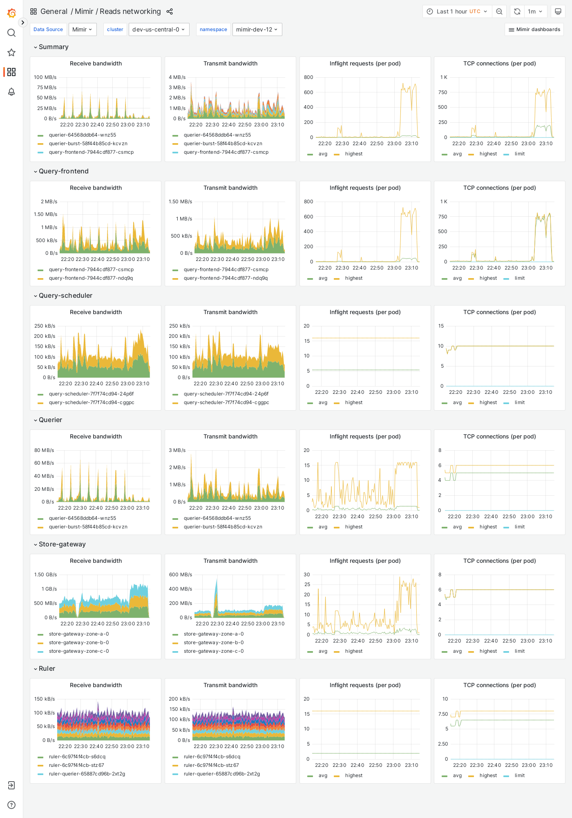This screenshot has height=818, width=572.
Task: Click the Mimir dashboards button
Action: (x=534, y=29)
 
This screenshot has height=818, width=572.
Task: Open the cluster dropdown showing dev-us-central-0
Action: (x=159, y=29)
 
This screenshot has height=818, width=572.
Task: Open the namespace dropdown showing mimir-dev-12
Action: (x=257, y=29)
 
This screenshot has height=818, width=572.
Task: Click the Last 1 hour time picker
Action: (x=457, y=11)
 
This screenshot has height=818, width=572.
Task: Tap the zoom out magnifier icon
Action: (x=499, y=11)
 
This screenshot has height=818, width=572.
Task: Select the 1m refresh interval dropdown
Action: (x=535, y=11)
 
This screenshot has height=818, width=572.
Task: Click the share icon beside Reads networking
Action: (x=170, y=11)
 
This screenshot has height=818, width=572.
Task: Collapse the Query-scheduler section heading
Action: (x=65, y=295)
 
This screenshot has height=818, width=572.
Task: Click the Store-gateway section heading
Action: (x=62, y=544)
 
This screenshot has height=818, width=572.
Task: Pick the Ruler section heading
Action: (x=47, y=668)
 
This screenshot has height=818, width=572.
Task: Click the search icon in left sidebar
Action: (x=11, y=33)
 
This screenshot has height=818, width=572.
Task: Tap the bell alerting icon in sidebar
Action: (x=11, y=92)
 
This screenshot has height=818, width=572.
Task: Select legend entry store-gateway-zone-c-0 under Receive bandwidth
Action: (x=79, y=651)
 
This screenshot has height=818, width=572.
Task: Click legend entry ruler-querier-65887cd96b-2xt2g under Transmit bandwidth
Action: (x=221, y=774)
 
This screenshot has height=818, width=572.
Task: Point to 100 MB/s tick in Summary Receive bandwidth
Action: (x=45, y=77)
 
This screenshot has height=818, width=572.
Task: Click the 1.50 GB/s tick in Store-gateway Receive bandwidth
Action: (x=45, y=575)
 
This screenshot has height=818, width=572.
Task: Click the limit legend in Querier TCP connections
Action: (x=519, y=527)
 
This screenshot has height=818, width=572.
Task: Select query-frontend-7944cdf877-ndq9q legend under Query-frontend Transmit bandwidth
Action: (x=226, y=278)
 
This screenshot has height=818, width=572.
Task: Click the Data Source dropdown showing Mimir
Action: (x=83, y=29)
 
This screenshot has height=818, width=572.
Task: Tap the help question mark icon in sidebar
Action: (x=11, y=805)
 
